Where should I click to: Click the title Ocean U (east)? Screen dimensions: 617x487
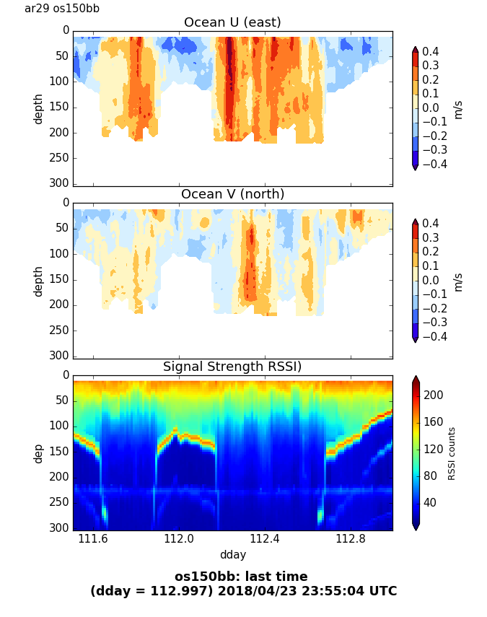[232, 22]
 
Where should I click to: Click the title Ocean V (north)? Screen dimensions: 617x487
[232, 194]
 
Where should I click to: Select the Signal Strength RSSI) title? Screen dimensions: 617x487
[232, 367]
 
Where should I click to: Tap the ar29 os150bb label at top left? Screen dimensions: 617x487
[62, 9]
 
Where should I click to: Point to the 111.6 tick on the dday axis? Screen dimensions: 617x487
[93, 539]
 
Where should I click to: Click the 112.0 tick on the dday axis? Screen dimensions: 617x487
[179, 539]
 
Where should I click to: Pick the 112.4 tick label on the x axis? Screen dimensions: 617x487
[264, 539]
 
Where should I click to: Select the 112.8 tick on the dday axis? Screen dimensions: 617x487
[350, 539]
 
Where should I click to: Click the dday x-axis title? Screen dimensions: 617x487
[232, 554]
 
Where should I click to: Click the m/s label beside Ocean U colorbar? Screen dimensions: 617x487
[457, 109]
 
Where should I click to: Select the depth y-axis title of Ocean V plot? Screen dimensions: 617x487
[38, 281]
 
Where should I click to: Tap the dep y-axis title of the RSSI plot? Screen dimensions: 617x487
[38, 453]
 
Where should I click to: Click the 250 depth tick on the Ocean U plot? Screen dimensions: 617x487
[61, 158]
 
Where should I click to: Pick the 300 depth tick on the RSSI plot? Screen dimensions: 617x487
[61, 529]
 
